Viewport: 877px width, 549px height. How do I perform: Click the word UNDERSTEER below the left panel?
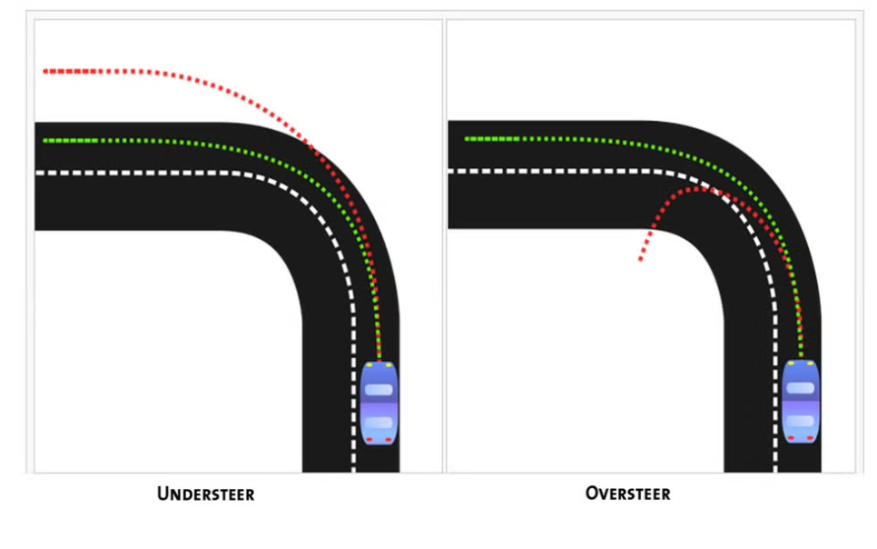click(205, 494)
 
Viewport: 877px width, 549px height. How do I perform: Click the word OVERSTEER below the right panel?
click(627, 494)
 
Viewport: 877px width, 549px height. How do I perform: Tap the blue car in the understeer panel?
click(379, 403)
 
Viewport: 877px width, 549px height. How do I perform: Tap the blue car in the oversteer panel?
click(801, 401)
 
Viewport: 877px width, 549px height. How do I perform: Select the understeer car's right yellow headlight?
click(389, 365)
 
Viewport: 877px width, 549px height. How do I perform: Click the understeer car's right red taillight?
click(389, 440)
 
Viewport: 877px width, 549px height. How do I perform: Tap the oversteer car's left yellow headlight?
click(790, 364)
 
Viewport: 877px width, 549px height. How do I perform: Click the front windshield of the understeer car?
click(379, 389)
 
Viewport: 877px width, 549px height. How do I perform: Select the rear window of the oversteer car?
click(801, 421)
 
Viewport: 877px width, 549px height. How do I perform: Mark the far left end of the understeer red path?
click(45, 71)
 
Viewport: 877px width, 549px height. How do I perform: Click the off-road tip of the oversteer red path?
click(640, 260)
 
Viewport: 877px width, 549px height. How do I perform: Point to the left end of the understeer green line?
click(45, 141)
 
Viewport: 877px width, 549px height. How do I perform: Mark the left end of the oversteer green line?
click(468, 139)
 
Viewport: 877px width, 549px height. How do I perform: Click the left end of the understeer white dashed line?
click(38, 173)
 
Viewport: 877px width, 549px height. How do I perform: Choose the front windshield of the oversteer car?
click(801, 387)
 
